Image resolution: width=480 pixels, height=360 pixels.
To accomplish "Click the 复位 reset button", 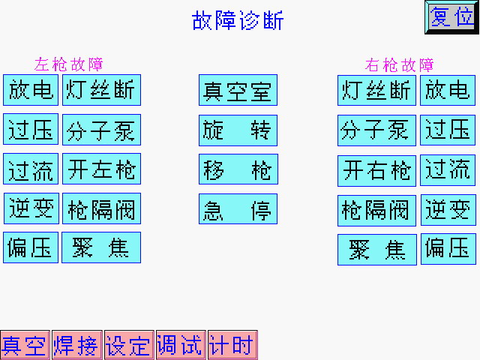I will click(452, 17).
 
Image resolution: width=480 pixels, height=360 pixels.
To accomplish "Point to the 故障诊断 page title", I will click(238, 21).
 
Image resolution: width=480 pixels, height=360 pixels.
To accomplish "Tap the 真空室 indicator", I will click(238, 90).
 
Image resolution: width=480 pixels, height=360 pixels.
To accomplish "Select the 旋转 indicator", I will click(238, 130).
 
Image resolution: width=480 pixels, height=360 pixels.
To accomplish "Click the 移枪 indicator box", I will click(238, 169).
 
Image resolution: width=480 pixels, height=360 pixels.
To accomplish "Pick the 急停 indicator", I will click(238, 209).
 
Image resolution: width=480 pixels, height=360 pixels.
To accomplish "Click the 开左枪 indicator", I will click(101, 169).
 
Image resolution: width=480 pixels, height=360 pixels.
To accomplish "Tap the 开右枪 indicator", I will click(376, 170).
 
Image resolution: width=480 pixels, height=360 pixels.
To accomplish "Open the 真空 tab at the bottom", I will click(24, 345).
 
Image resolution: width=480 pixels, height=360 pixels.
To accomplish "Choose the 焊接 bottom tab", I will click(76, 345).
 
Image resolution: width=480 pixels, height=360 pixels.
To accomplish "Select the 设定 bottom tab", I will click(128, 345).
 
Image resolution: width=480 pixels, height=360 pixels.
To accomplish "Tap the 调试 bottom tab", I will click(180, 345).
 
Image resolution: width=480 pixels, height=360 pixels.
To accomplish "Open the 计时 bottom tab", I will click(232, 345).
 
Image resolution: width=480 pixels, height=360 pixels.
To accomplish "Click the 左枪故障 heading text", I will click(69, 64).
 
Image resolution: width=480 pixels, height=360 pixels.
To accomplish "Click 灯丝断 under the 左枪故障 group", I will click(101, 90).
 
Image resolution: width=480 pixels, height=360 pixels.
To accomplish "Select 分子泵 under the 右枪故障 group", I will click(376, 130).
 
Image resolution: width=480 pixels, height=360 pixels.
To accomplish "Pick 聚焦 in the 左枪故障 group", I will click(101, 247).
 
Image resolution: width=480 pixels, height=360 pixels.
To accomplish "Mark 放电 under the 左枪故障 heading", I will click(31, 90).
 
